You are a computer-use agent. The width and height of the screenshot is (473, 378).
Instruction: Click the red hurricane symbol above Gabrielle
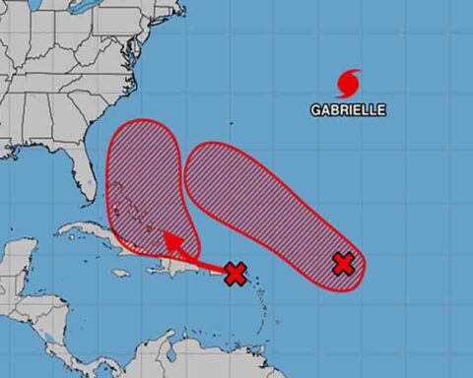349,81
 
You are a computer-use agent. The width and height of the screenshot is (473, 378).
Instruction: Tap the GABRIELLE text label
348,110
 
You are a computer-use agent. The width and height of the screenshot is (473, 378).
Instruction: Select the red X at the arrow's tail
235,274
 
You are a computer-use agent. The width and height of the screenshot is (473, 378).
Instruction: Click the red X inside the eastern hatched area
343,263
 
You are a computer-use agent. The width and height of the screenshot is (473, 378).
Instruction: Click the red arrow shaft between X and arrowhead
202,259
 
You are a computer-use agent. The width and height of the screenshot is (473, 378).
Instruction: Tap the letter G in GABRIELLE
314,110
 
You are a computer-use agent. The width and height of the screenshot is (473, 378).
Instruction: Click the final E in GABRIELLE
382,110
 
